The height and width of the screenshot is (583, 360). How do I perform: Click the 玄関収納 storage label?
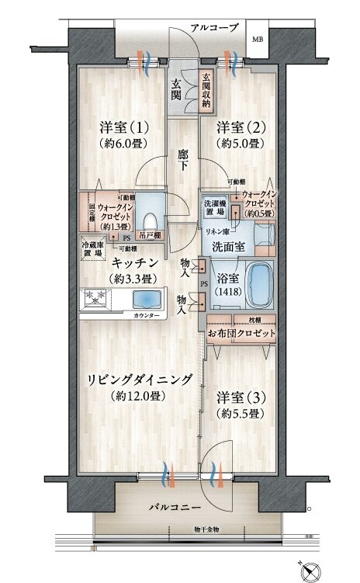[x=207, y=90]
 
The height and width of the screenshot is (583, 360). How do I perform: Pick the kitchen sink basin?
[x=146, y=300]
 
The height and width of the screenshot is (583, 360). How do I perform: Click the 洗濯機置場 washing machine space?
[x=214, y=207]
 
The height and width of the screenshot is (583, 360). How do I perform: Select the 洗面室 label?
[x=230, y=245]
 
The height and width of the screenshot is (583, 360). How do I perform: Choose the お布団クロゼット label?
[x=241, y=333]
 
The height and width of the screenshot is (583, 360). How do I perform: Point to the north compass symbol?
[x=313, y=570]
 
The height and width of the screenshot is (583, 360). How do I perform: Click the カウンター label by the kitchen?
[x=147, y=316]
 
